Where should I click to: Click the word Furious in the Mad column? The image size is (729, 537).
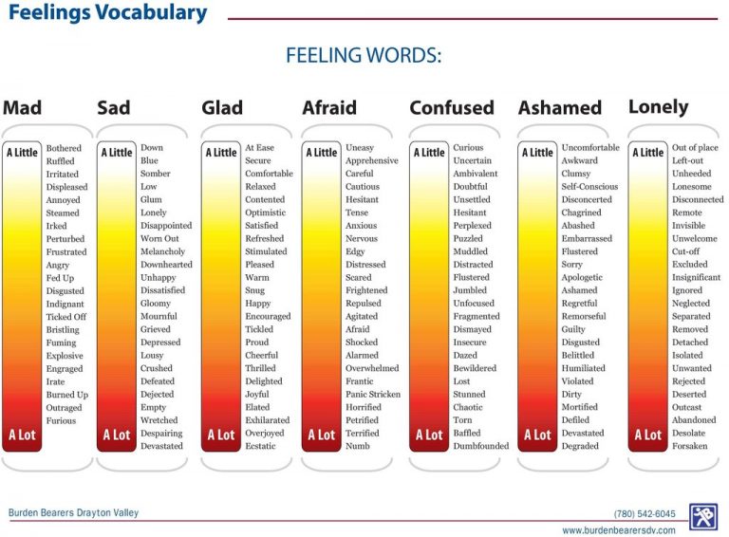[61, 420]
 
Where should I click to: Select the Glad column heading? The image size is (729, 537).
[222, 108]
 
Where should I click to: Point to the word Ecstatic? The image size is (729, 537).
[263, 446]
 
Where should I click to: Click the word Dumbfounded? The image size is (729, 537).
[480, 446]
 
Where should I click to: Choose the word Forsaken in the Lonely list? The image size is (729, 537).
[689, 446]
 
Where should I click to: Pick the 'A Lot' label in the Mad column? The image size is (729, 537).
[22, 435]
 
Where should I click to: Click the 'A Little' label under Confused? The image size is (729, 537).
[430, 152]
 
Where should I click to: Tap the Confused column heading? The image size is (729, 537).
[452, 108]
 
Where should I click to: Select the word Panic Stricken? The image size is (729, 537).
[373, 394]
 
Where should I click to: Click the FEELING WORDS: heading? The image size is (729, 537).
[364, 56]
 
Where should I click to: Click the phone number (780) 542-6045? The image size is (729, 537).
[645, 513]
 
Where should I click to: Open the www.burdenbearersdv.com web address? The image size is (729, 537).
[619, 530]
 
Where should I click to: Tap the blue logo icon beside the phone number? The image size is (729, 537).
[703, 517]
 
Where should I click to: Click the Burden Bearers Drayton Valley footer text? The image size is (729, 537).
[74, 513]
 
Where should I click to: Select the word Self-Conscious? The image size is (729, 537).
[589, 187]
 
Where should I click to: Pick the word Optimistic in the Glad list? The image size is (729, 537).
[266, 213]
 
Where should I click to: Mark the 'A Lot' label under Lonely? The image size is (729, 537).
[648, 435]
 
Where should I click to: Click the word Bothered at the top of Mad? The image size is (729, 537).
[64, 148]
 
